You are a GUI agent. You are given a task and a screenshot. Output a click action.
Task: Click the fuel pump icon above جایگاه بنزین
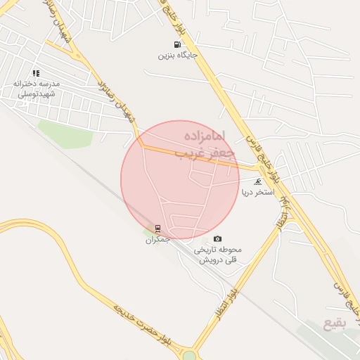pos(167,44)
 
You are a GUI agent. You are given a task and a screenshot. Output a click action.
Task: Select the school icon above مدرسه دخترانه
pos(36,72)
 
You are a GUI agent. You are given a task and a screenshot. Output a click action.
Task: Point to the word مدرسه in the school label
pos(51,83)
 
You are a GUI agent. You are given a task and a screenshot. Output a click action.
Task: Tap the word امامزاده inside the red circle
pos(207,134)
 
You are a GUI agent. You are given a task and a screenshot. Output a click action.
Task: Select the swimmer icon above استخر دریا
pos(257,181)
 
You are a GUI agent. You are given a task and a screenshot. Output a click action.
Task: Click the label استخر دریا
pos(256,191)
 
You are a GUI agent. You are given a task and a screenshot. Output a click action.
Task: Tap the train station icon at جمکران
pos(157,229)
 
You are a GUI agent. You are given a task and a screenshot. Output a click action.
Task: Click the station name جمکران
pos(158,239)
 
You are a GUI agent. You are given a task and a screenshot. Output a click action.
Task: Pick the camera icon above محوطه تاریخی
pos(217,239)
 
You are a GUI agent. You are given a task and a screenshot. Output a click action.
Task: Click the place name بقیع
pos(335,325)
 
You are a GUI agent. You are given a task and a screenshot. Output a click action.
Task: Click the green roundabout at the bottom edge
pos(189,355)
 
